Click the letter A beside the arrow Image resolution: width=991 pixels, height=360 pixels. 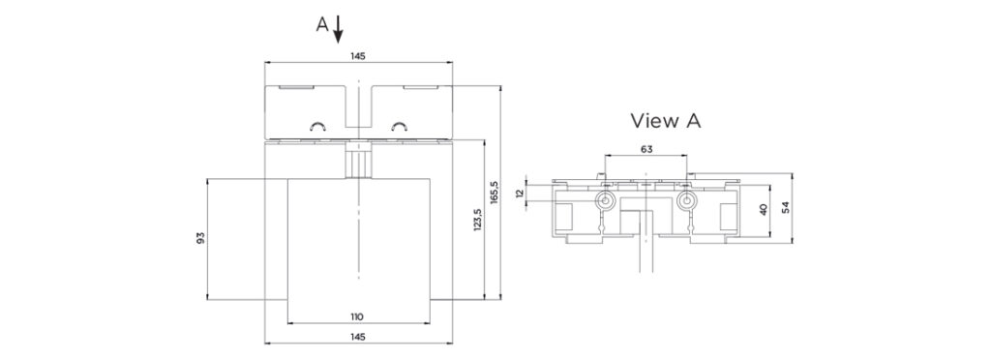[x=322, y=24]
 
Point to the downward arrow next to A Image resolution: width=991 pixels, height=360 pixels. [x=338, y=29]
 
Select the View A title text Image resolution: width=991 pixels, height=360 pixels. [x=666, y=121]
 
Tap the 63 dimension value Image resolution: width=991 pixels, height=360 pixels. [x=646, y=149]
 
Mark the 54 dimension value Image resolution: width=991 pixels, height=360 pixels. [x=786, y=207]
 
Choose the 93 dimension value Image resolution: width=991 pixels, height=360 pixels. [x=200, y=238]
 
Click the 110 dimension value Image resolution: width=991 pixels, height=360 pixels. [x=358, y=316]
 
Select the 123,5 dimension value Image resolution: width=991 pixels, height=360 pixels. [x=477, y=219]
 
